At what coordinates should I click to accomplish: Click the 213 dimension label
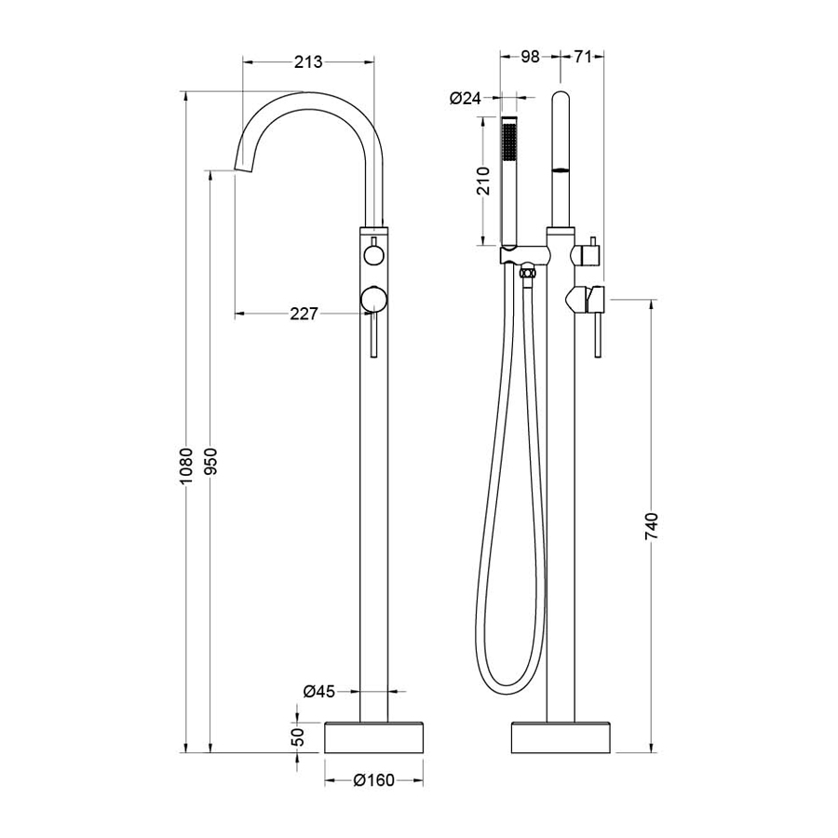click(308, 62)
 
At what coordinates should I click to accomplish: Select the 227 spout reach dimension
click(304, 313)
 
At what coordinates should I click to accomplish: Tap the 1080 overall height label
click(185, 466)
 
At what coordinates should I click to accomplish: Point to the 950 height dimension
click(210, 461)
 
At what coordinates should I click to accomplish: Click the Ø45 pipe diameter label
click(319, 692)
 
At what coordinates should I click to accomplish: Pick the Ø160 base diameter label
click(374, 781)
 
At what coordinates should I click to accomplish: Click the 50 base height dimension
click(298, 737)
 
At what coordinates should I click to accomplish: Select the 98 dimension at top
click(530, 56)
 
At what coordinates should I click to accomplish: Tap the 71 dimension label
click(583, 56)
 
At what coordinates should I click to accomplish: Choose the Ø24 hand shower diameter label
click(465, 98)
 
